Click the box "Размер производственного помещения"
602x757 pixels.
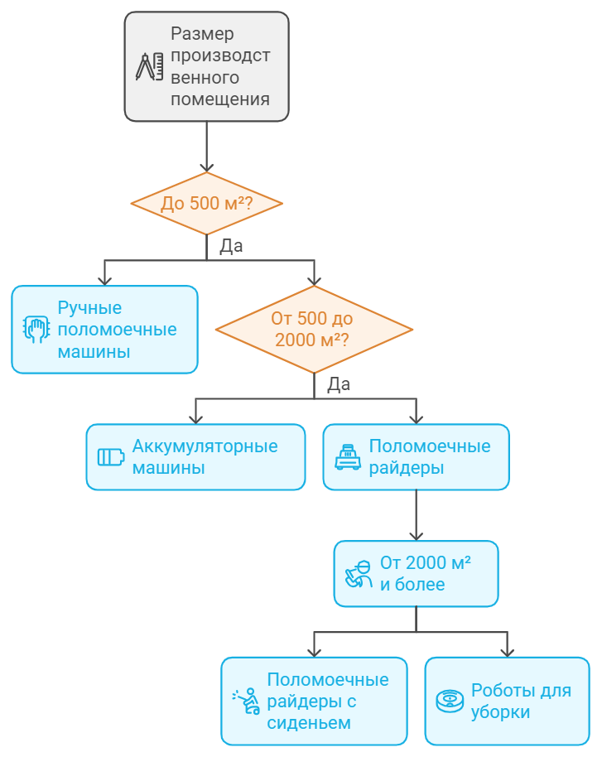click(x=207, y=67)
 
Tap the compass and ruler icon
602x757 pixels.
click(x=149, y=67)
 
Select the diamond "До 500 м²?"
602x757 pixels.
click(x=207, y=204)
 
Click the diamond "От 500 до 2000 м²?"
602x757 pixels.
click(x=314, y=329)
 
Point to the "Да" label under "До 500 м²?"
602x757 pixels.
click(x=231, y=246)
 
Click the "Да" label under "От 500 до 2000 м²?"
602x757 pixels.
click(x=339, y=384)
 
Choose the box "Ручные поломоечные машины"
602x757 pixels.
click(x=104, y=330)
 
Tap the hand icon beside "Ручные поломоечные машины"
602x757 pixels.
click(x=35, y=330)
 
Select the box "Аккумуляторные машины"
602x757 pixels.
click(x=195, y=457)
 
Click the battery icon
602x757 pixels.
click(x=111, y=457)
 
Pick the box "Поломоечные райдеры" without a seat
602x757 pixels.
click(x=416, y=457)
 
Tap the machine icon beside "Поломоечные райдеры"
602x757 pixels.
click(x=348, y=457)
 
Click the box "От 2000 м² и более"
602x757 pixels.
click(x=416, y=573)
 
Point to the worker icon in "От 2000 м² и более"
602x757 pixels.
click(x=358, y=573)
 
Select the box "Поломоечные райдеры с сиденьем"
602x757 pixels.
click(x=314, y=701)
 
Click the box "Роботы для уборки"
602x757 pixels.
click(x=507, y=701)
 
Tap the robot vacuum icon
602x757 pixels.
click(x=450, y=702)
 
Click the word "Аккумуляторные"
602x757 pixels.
click(x=205, y=446)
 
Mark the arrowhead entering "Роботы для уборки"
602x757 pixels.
click(x=507, y=651)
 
